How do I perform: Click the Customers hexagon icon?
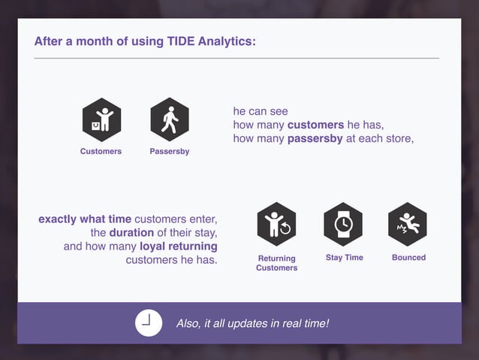point(101,119)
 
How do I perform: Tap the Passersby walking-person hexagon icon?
point(170,119)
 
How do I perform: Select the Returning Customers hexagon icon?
point(276,224)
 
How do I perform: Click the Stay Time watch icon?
point(343,224)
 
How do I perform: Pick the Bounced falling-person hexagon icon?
point(408,224)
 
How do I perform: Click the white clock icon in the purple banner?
point(149,322)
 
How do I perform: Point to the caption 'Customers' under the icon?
point(101,152)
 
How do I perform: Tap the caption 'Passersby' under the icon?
point(169,152)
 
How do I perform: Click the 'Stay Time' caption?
point(344,258)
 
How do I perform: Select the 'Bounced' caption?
point(408,258)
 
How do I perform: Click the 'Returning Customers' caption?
point(276,263)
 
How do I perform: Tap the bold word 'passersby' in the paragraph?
point(315,138)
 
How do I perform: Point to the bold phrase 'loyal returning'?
point(179,247)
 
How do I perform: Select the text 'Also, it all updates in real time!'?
point(252,323)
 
